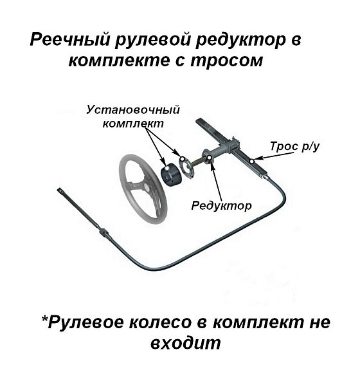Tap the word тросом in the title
click(x=227, y=60)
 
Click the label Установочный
click(x=133, y=111)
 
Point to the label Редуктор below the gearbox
click(x=222, y=205)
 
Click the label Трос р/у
click(x=294, y=146)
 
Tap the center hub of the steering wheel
click(x=147, y=187)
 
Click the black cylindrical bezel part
click(x=171, y=174)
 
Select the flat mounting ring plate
click(x=186, y=167)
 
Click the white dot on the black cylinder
click(x=166, y=169)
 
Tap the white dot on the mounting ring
click(x=183, y=159)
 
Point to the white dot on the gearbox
click(x=210, y=158)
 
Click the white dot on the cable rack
click(x=252, y=161)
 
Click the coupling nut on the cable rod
click(x=104, y=232)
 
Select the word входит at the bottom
click(x=186, y=343)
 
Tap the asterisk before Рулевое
click(x=45, y=319)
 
